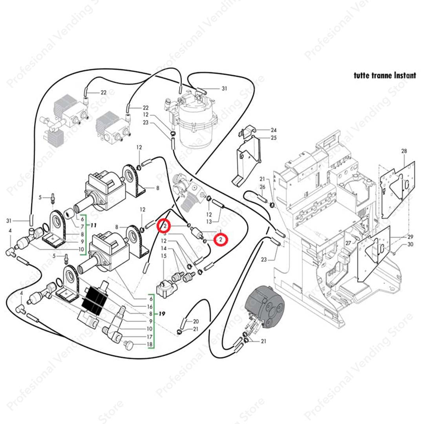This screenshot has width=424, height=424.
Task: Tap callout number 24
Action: tap(274, 130)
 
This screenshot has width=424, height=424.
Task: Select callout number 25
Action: tap(274, 138)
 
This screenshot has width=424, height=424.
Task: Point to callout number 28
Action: tap(404, 151)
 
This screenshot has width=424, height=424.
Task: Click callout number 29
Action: tap(411, 237)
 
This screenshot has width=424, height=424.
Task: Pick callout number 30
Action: tap(411, 244)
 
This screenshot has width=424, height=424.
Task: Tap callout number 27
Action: tap(348, 243)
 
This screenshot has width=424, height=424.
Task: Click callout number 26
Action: tap(263, 186)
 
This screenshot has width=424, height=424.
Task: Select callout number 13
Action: tap(209, 222)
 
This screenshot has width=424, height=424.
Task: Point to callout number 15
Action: tap(164, 256)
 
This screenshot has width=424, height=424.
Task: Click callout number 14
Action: tap(164, 249)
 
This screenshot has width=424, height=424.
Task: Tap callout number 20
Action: tap(196, 322)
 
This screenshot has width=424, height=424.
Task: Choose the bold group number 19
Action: tap(162, 314)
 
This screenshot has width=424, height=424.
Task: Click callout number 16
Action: tap(150, 306)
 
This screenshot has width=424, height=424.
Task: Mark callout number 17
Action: tap(150, 337)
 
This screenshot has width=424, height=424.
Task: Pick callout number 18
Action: tap(150, 345)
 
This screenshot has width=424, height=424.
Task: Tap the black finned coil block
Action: tap(95, 302)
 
